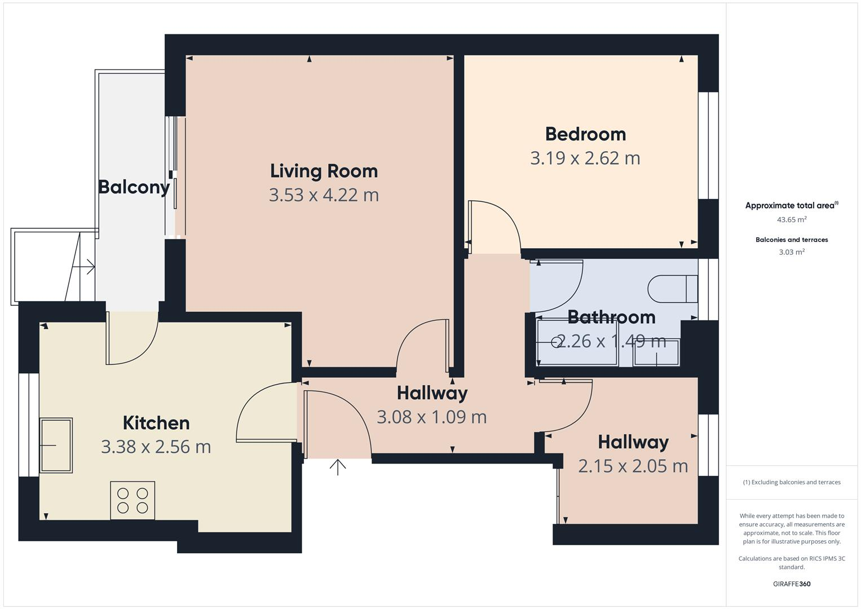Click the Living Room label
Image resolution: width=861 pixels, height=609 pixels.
(324, 171)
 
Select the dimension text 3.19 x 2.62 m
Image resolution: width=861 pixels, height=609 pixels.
(585, 158)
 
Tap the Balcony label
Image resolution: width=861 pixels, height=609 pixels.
(134, 187)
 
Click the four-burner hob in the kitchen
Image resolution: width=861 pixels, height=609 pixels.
(133, 500)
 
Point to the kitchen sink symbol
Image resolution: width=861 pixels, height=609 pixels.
(56, 445)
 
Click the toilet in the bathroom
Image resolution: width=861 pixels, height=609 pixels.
(672, 289)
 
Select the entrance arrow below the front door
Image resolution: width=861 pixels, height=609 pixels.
(338, 467)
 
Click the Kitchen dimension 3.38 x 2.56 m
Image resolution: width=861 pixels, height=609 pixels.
(156, 447)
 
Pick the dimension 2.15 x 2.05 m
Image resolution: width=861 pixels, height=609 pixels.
(633, 466)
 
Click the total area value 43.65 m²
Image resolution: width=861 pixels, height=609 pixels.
(791, 220)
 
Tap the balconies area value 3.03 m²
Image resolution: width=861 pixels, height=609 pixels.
(791, 252)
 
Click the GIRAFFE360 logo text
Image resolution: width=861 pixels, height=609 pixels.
(791, 584)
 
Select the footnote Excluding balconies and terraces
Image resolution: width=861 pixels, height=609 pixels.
(791, 482)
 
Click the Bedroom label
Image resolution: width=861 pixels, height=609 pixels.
(585, 134)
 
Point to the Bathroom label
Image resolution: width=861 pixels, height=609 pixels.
(611, 317)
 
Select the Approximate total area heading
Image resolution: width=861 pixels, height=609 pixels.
(791, 205)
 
